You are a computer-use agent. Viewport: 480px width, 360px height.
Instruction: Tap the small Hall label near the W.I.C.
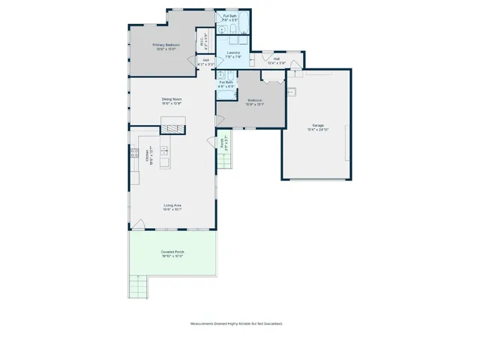[205, 61]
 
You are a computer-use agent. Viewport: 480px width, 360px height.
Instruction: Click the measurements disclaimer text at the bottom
[235, 324]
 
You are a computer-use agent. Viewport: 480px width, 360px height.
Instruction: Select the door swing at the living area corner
[137, 222]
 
